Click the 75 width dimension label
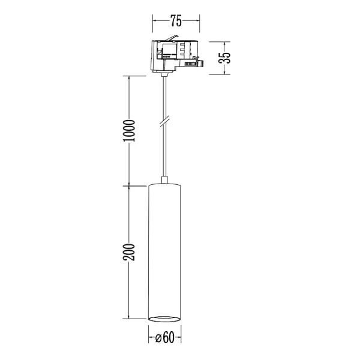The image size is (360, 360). click(x=176, y=21)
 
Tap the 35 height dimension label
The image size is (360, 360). click(x=225, y=59)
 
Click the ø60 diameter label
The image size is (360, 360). click(x=164, y=338)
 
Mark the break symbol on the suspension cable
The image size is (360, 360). click(x=164, y=122)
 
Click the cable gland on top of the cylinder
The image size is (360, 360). click(x=164, y=181)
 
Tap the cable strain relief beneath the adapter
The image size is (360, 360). click(x=163, y=74)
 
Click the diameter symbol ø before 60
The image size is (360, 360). click(x=157, y=338)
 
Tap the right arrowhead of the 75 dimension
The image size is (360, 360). click(x=199, y=21)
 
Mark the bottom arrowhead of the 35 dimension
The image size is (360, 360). click(x=225, y=74)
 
